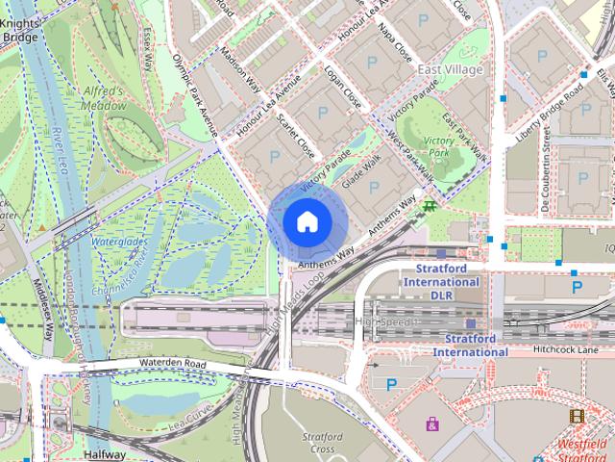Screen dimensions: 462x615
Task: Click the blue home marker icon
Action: click(x=307, y=221)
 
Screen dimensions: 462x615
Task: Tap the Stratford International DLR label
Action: click(x=441, y=282)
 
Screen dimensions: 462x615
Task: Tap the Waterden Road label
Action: click(x=173, y=364)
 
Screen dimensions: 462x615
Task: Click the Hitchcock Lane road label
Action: click(x=566, y=349)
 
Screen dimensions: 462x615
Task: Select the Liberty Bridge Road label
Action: click(x=550, y=111)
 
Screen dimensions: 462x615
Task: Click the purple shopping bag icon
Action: click(x=432, y=423)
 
